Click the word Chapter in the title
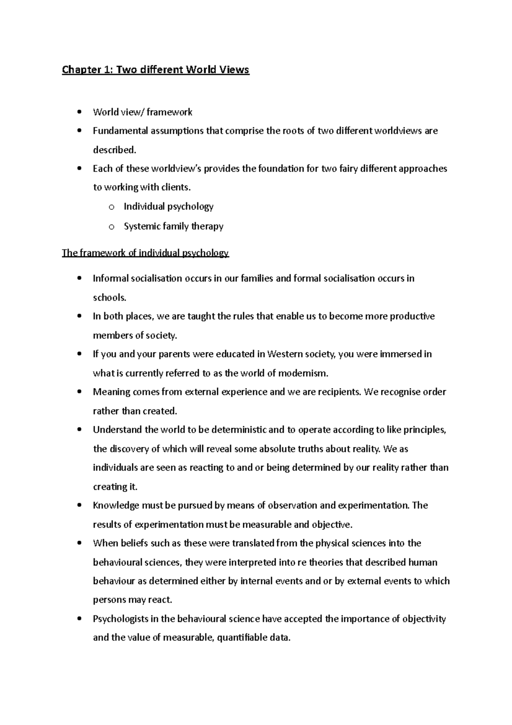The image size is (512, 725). [79, 70]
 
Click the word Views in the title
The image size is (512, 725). [234, 70]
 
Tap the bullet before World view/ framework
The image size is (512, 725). [79, 112]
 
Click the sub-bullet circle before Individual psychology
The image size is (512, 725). [111, 208]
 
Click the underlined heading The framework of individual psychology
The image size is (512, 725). [145, 253]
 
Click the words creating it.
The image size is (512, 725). [115, 487]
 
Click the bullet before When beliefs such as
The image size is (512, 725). [79, 544]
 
